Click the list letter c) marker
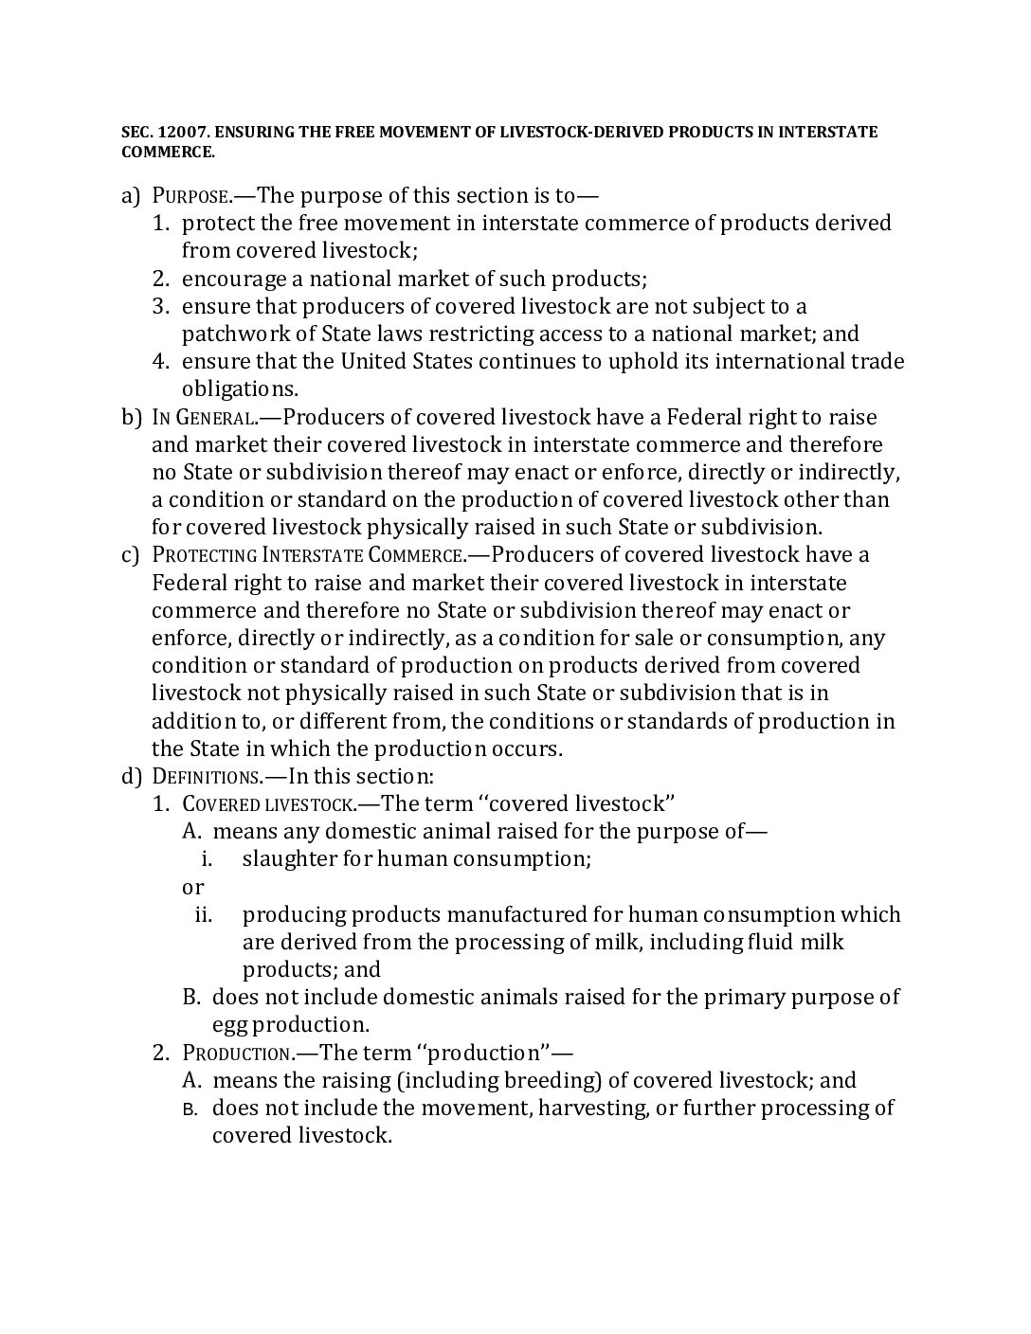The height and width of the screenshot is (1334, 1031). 131,554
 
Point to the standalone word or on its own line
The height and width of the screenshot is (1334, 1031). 192,887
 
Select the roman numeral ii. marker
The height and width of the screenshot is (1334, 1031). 203,914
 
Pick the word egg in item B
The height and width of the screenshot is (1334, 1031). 227,1025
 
